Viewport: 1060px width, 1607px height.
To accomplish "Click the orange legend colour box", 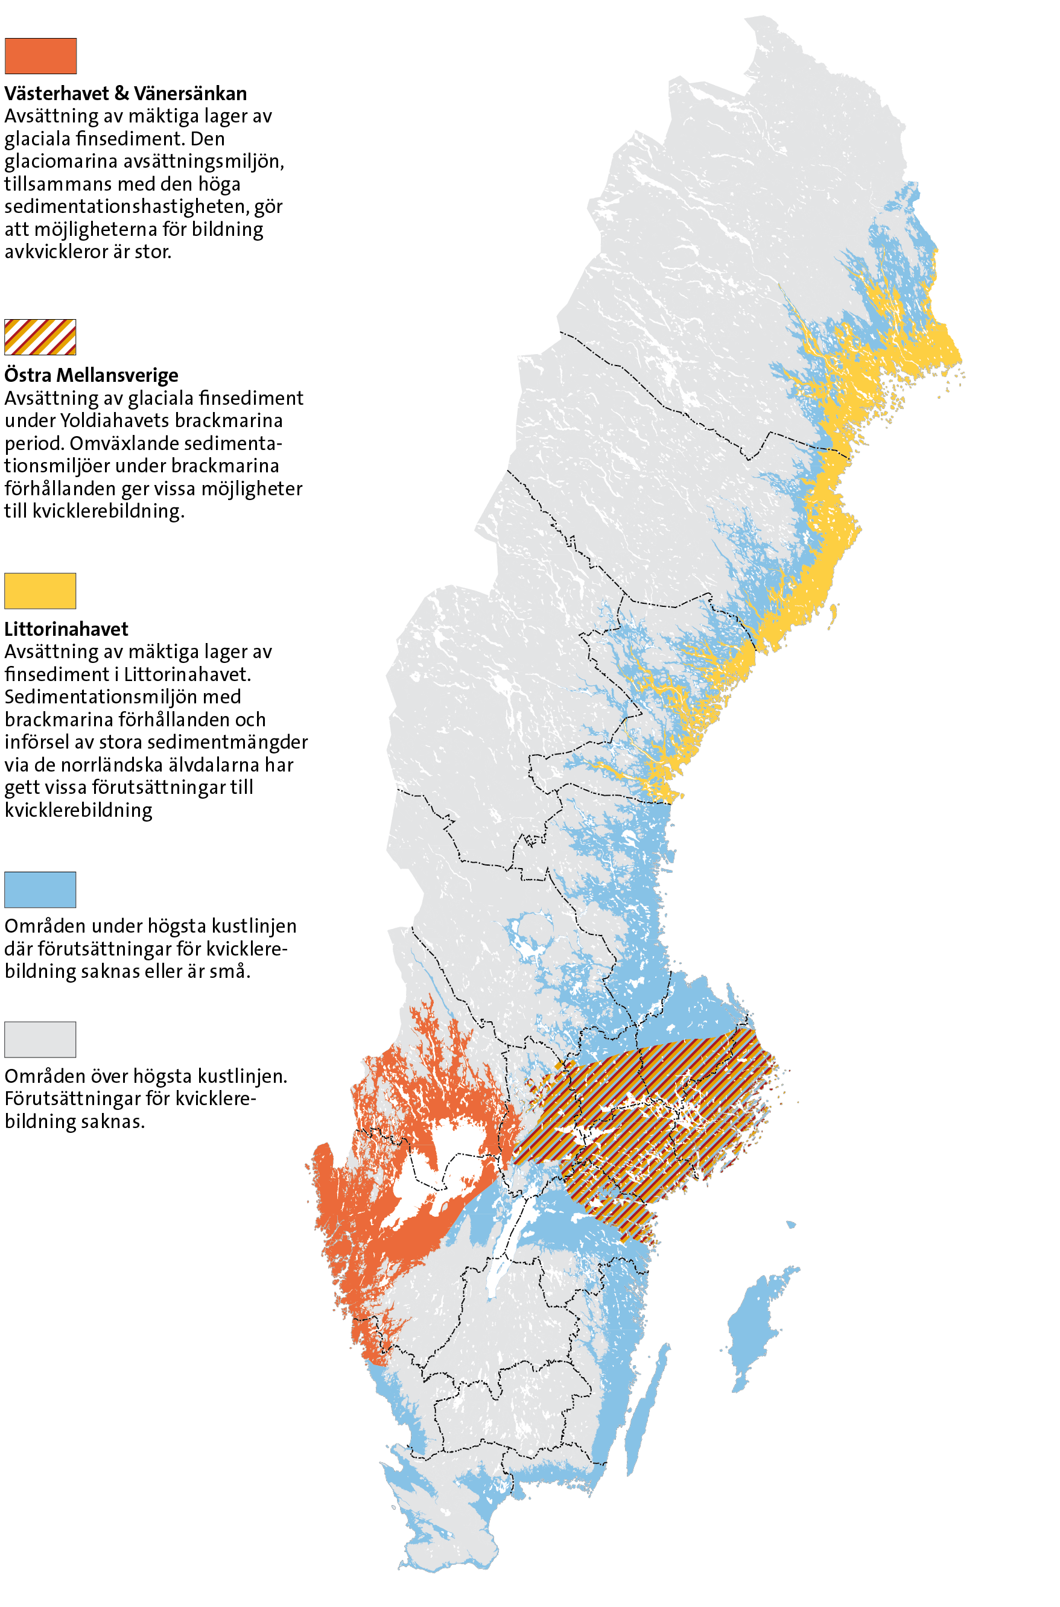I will point(40,56).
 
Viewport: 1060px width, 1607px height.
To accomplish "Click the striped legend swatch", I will point(40,337).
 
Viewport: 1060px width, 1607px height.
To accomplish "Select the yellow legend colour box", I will point(40,591).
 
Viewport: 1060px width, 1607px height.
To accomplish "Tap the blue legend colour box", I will point(40,889).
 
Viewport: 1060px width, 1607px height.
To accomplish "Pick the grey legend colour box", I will point(40,1039).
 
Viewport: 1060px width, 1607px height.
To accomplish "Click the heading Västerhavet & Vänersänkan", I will point(125,94).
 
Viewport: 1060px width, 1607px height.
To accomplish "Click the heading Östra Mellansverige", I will point(91,375).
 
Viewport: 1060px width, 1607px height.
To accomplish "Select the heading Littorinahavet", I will point(66,629).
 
